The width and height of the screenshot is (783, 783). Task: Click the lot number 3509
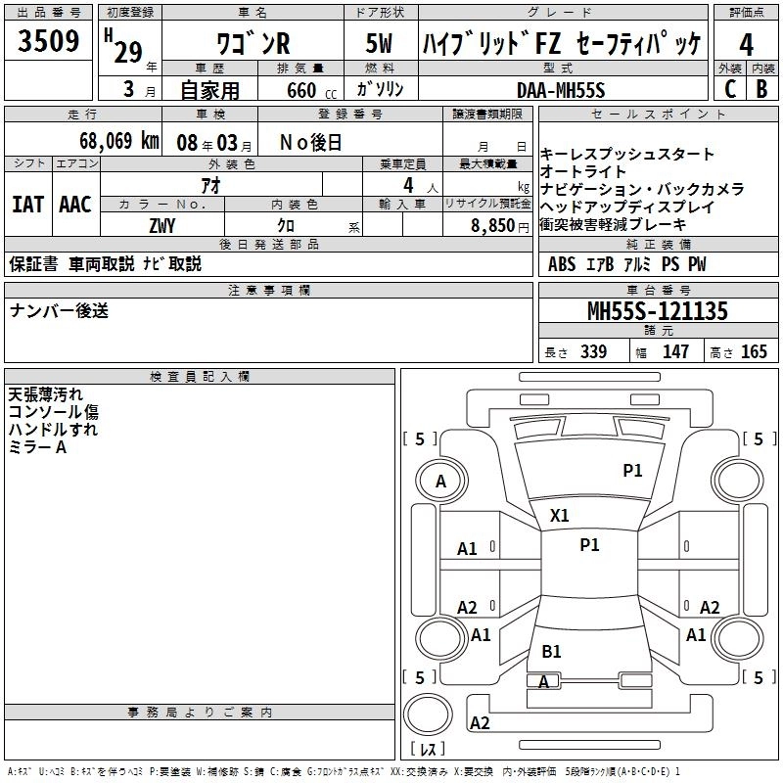point(48,40)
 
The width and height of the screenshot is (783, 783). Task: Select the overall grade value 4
point(746,45)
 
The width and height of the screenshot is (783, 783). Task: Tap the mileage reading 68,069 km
point(119,141)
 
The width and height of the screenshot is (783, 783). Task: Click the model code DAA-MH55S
point(561,90)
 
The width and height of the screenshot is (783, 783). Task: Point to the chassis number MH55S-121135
point(658,311)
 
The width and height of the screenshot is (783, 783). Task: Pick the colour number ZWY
point(162,226)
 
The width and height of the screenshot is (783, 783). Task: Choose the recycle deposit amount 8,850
point(493,226)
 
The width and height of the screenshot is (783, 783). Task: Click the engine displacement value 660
point(301,90)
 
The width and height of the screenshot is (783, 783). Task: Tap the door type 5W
point(380,43)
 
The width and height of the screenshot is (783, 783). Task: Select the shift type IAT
point(28,205)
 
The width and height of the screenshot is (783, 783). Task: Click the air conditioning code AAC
point(75,205)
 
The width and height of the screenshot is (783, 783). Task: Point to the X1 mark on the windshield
point(559,516)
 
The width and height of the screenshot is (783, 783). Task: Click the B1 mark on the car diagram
point(551,651)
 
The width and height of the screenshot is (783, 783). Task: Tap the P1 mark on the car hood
point(632,470)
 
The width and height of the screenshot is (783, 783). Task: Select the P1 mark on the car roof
point(589,545)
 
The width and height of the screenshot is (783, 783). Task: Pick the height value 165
point(754,351)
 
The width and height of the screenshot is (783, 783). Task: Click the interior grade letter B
point(762,89)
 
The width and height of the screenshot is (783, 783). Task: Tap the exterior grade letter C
point(730,89)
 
